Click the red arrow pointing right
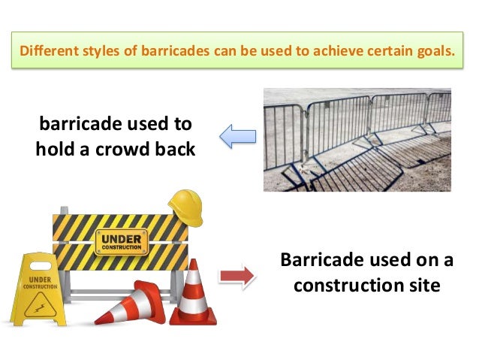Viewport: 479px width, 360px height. [236, 275]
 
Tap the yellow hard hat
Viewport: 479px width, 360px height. [186, 207]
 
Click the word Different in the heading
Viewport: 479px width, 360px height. [46, 53]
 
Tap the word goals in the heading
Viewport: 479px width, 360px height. [434, 53]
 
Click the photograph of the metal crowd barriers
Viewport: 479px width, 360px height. [357, 139]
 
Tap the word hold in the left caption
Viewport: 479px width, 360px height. [58, 148]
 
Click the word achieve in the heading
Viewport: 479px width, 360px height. [337, 53]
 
